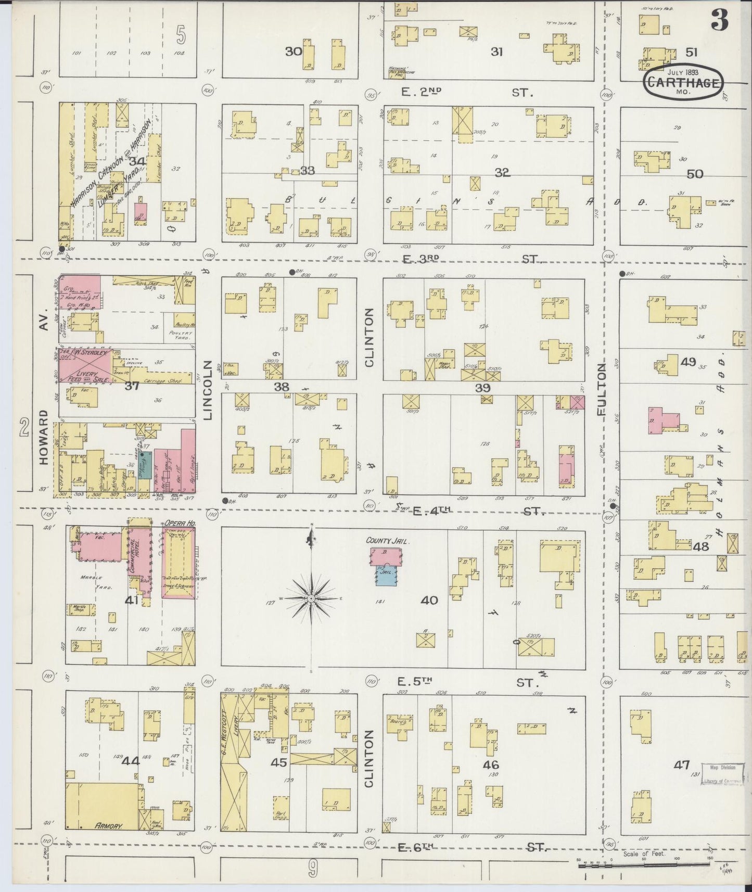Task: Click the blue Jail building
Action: pyautogui.click(x=386, y=575)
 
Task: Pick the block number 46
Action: pyautogui.click(x=490, y=764)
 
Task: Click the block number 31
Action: pyautogui.click(x=496, y=52)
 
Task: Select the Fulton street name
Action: pyautogui.click(x=602, y=389)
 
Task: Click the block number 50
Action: pyautogui.click(x=695, y=174)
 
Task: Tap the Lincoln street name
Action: pyautogui.click(x=208, y=390)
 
